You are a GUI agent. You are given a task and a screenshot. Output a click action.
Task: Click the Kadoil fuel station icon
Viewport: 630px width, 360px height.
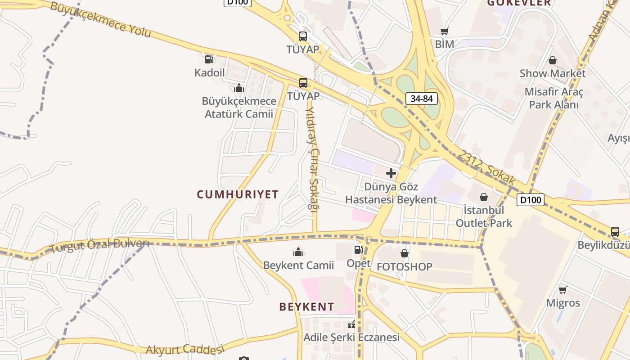coord(209,59)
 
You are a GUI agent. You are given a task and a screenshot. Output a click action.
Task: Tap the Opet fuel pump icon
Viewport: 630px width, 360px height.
coord(358,250)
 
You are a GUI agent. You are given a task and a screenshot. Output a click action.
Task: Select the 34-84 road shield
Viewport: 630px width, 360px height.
coord(422,99)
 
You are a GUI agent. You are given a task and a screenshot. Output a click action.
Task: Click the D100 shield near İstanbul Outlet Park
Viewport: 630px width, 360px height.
coord(530,200)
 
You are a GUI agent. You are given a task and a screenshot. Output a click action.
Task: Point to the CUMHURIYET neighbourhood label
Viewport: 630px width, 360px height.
coord(238,194)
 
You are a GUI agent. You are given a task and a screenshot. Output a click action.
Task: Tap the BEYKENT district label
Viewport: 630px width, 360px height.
coord(306,307)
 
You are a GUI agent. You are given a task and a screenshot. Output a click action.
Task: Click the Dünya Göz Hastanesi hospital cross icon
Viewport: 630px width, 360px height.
coord(391,173)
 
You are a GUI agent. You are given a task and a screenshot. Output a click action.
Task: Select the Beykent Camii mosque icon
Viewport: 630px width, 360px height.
coord(298,252)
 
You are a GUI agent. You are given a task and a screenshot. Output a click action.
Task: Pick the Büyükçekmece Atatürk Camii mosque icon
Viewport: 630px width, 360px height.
coord(239,88)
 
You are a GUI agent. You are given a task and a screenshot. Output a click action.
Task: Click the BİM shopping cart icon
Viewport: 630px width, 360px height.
coord(445,31)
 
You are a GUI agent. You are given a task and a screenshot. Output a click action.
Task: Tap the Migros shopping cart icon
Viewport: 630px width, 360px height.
coord(562,290)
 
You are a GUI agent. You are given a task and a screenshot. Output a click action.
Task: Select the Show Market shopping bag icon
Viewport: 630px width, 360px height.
coord(553,60)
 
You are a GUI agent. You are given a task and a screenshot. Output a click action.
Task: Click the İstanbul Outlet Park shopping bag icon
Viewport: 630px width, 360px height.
coord(484,197)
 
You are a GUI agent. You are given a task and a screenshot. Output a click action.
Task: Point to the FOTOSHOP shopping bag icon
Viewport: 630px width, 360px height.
coord(404,253)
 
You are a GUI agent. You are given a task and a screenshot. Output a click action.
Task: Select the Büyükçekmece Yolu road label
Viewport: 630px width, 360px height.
coord(100,20)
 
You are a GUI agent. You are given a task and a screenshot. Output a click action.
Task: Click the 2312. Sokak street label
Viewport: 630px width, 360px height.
coord(487,167)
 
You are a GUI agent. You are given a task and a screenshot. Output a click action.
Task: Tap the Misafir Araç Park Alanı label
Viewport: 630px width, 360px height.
coord(553,98)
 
